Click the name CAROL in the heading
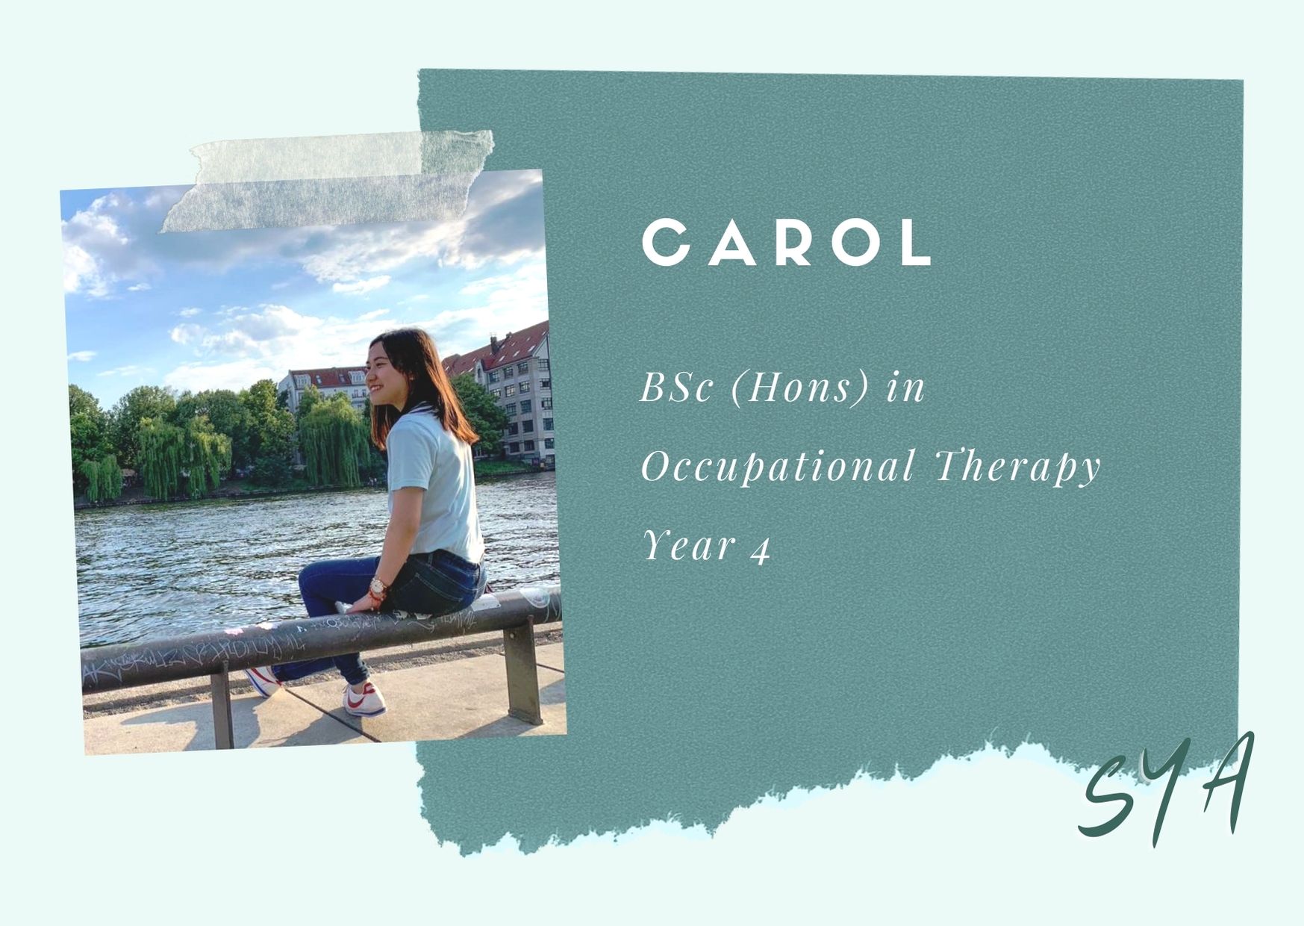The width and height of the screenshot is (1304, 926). pos(787,242)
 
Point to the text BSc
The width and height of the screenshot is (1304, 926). pos(676,388)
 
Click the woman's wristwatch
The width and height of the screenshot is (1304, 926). pos(378,587)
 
